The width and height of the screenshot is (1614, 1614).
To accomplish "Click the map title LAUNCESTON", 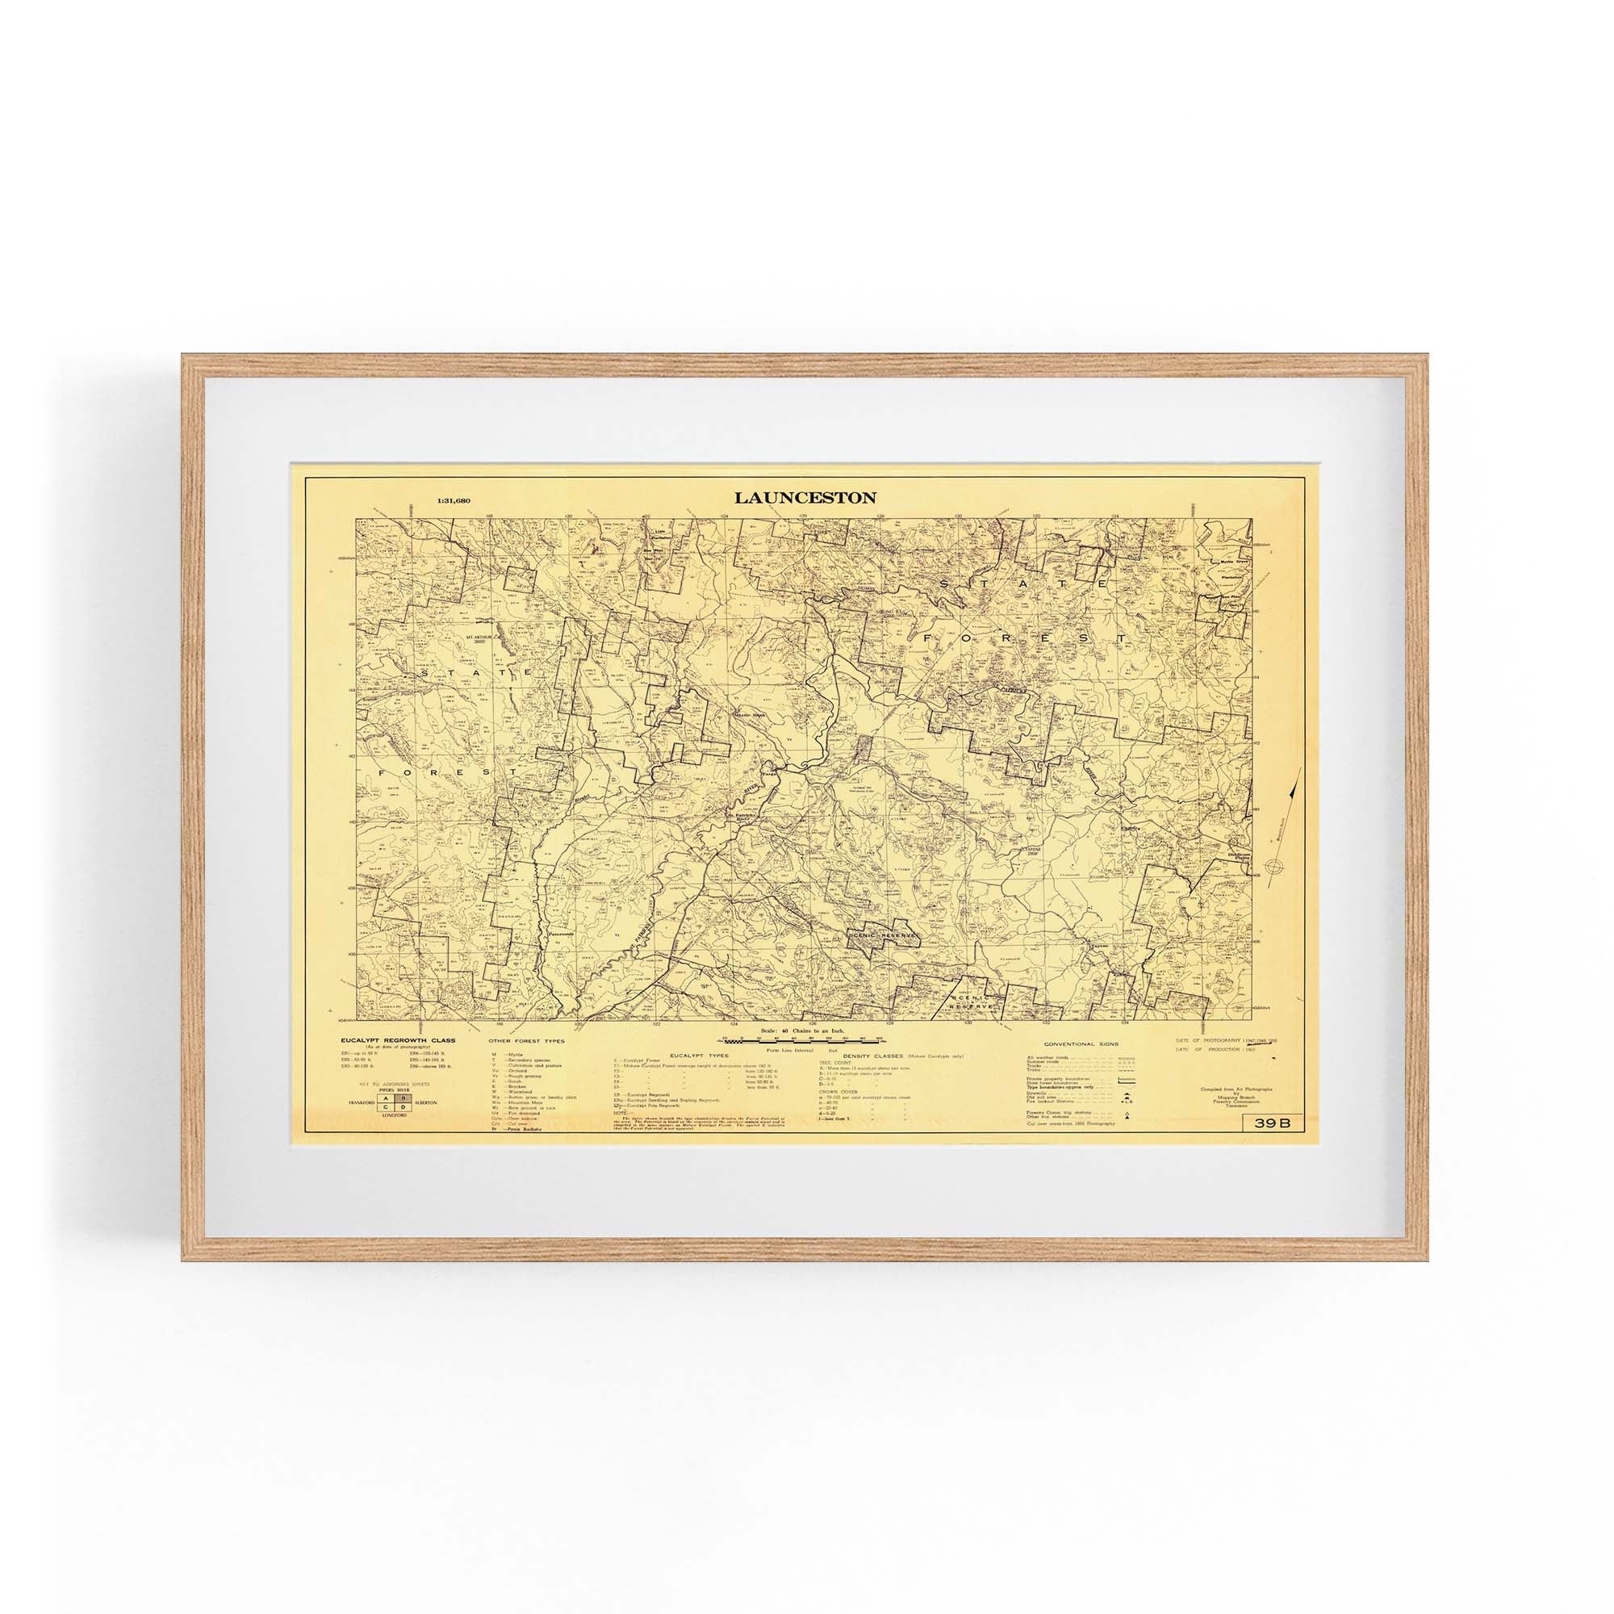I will (805, 498).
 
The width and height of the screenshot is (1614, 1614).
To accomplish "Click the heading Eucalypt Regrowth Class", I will (397, 1040).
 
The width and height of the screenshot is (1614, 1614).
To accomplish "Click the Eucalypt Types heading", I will (706, 1056).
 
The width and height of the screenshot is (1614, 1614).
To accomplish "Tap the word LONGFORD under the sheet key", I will (395, 1115).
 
